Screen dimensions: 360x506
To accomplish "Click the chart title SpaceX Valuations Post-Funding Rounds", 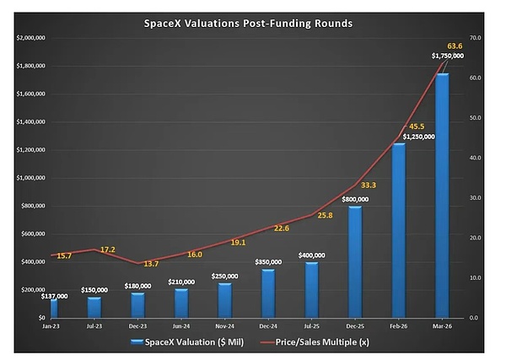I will [x=253, y=22].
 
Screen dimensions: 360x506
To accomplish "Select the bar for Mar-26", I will [x=441, y=195].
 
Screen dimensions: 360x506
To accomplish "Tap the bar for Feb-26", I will [x=398, y=229].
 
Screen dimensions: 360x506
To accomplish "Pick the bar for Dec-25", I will [x=354, y=261].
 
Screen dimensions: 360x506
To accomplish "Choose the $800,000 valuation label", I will [x=353, y=200].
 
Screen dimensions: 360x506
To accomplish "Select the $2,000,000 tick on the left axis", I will [x=29, y=38].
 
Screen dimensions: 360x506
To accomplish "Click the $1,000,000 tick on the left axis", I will [x=29, y=178].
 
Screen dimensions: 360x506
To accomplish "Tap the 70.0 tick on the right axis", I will [x=475, y=38].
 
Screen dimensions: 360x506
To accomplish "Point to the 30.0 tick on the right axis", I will [x=475, y=198].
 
